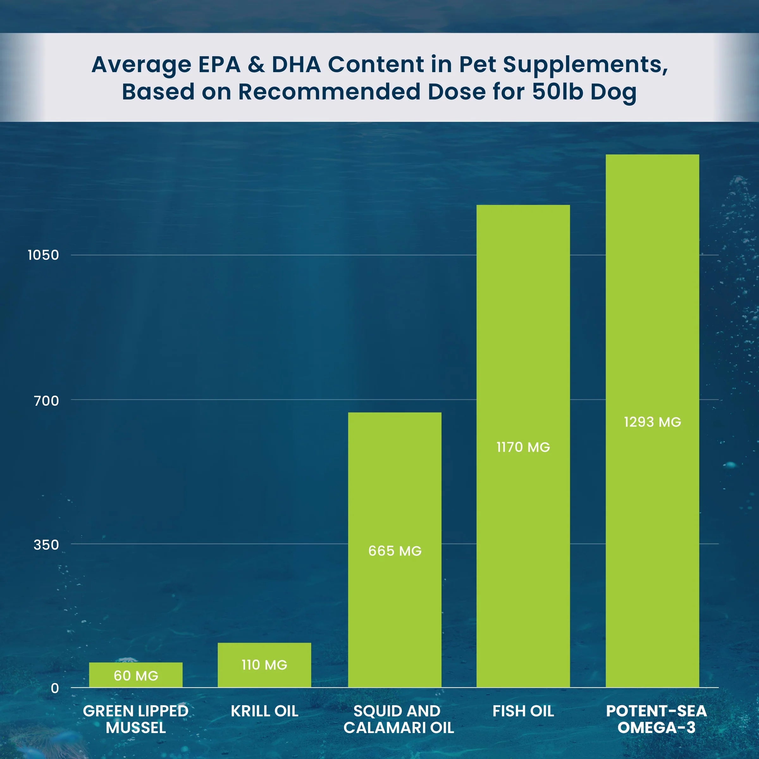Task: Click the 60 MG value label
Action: click(136, 676)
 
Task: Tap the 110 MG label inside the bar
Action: click(264, 665)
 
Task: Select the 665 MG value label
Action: click(395, 551)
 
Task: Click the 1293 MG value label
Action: click(652, 422)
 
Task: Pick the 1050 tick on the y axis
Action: click(43, 255)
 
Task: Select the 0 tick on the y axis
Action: click(55, 688)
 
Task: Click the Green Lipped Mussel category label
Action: click(136, 719)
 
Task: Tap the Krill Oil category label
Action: click(264, 711)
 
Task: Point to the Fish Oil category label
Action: click(523, 711)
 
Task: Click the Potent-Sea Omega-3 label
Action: click(656, 719)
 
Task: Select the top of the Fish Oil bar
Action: click(523, 206)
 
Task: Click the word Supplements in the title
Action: click(585, 65)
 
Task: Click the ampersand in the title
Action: click(256, 65)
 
